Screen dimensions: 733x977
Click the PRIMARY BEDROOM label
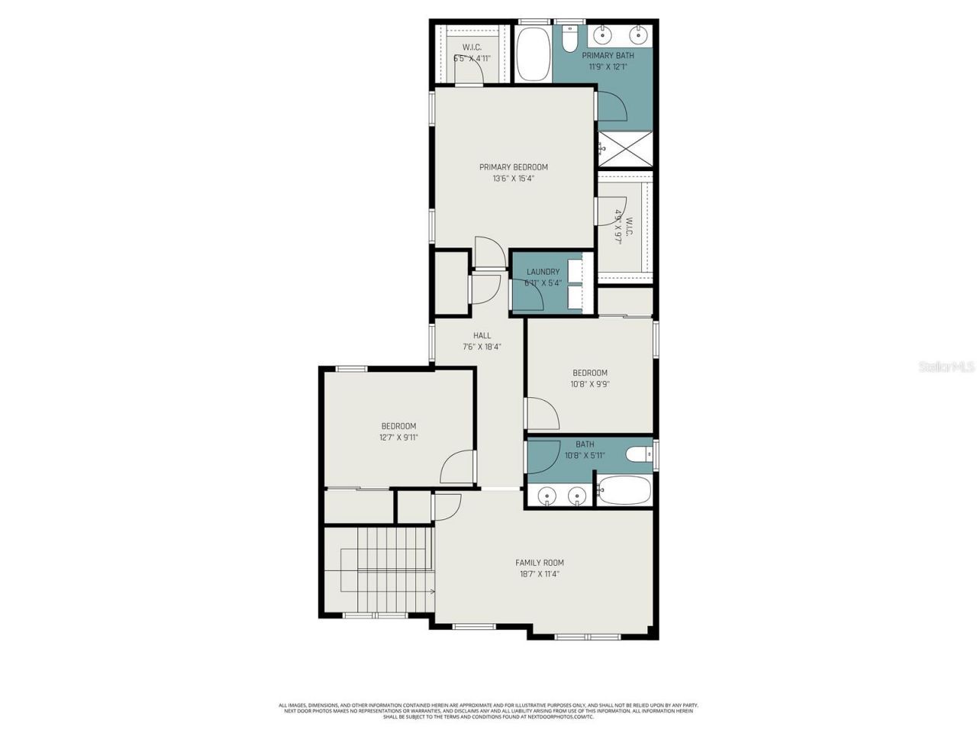513,167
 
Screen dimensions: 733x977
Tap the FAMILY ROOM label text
539,563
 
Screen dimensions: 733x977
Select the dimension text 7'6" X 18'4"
482,347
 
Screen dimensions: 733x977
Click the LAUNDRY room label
543,272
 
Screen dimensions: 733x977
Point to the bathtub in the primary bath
532,54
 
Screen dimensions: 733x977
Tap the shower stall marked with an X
625,149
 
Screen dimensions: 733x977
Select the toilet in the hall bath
637,456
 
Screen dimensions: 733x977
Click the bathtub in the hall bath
624,490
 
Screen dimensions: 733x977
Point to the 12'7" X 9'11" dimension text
398,438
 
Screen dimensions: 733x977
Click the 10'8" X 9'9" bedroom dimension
590,385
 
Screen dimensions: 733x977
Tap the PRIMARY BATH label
608,56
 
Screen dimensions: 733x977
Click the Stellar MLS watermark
946,367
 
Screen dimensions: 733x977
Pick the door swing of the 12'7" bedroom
458,467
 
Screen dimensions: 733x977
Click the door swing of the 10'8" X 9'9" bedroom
543,413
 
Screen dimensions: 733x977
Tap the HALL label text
482,335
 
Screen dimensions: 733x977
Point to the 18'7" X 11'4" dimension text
539,574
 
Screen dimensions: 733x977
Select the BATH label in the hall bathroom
585,444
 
